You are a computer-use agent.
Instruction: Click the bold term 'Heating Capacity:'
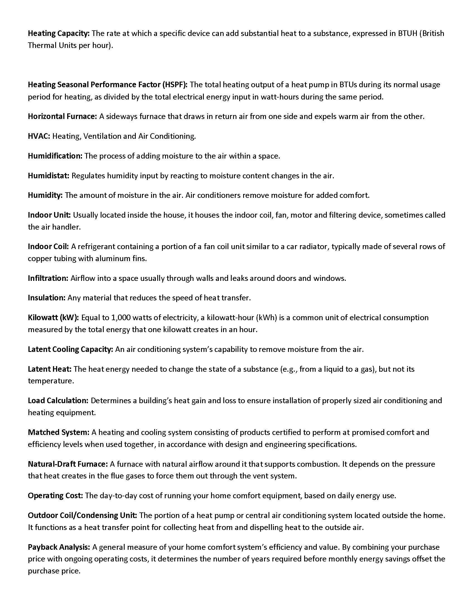58,33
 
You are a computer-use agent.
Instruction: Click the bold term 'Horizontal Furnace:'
62,116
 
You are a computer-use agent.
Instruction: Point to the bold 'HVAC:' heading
39,136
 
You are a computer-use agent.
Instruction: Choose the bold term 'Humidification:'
55,156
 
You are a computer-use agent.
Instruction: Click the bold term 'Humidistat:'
49,176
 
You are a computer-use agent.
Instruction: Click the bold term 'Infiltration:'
48,278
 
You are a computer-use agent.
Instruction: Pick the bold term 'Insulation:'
47,298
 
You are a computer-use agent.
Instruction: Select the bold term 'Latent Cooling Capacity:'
71,349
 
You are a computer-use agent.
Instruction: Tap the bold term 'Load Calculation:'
58,400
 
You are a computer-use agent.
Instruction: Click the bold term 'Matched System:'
58,432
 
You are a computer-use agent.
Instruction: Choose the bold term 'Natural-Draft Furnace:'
68,464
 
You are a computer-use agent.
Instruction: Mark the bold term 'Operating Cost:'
55,495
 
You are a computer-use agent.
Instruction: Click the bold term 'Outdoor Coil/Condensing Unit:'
82,515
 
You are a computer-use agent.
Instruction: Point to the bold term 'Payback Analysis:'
59,547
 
